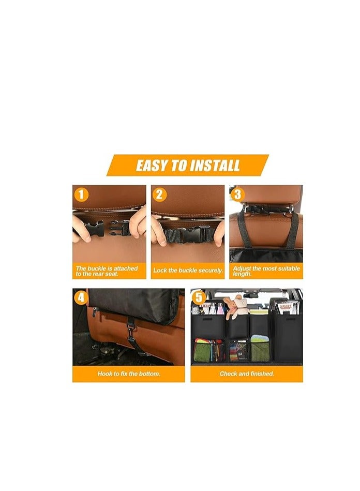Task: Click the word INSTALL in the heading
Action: click(x=215, y=166)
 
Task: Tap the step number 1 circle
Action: click(x=81, y=195)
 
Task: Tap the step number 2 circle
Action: click(x=160, y=195)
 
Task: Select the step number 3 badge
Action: click(x=238, y=195)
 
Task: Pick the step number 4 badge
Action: click(x=81, y=297)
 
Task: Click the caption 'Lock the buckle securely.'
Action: click(x=188, y=271)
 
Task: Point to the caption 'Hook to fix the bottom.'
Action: click(x=128, y=373)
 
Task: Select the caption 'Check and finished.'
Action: click(x=247, y=373)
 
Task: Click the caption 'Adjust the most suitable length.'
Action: click(x=266, y=271)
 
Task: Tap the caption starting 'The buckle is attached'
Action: click(x=107, y=271)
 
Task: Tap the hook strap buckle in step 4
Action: click(x=130, y=328)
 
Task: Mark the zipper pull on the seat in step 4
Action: click(x=94, y=311)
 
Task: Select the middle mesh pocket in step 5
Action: click(x=238, y=350)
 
